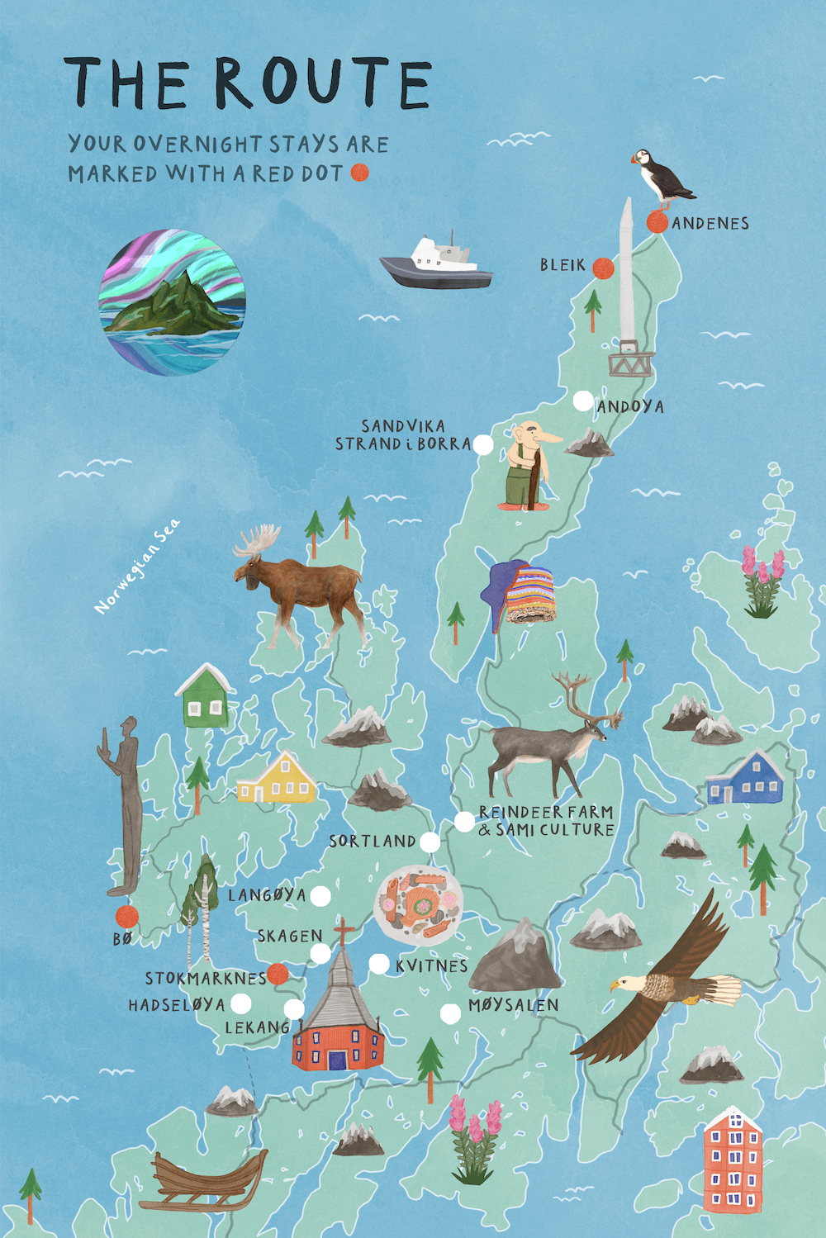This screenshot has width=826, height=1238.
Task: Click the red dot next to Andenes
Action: point(657,221)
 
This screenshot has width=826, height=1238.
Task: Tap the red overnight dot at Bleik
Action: point(604,268)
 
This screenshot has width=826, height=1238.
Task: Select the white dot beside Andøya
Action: point(583,401)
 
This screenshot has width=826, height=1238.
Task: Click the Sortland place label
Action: point(373,842)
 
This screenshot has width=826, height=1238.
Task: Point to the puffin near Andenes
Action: point(661,176)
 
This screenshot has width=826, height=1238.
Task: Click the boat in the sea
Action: point(436,263)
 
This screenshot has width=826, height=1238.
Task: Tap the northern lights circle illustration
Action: point(172,302)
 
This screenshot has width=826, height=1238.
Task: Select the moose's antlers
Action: point(257,540)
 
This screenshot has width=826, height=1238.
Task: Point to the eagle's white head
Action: point(623,984)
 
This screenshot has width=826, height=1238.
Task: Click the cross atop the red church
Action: point(343,933)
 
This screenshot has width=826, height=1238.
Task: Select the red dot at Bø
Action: point(126,915)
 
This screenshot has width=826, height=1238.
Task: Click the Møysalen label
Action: point(513,1005)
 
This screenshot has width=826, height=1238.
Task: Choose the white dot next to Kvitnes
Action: point(379,963)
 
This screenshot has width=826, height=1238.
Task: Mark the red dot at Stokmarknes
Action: point(278,974)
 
